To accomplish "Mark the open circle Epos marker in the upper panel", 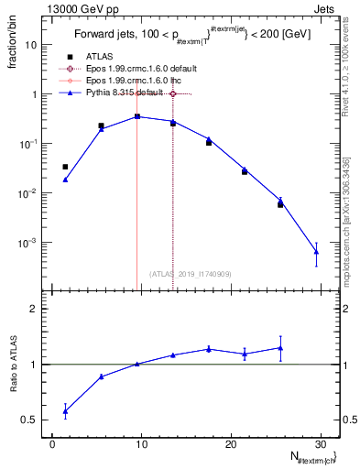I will [173, 93].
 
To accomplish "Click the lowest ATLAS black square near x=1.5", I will [65, 167].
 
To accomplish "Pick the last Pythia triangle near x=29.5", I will [316, 252].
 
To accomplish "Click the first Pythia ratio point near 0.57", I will [65, 411].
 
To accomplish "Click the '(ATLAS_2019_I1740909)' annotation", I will [190, 273].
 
